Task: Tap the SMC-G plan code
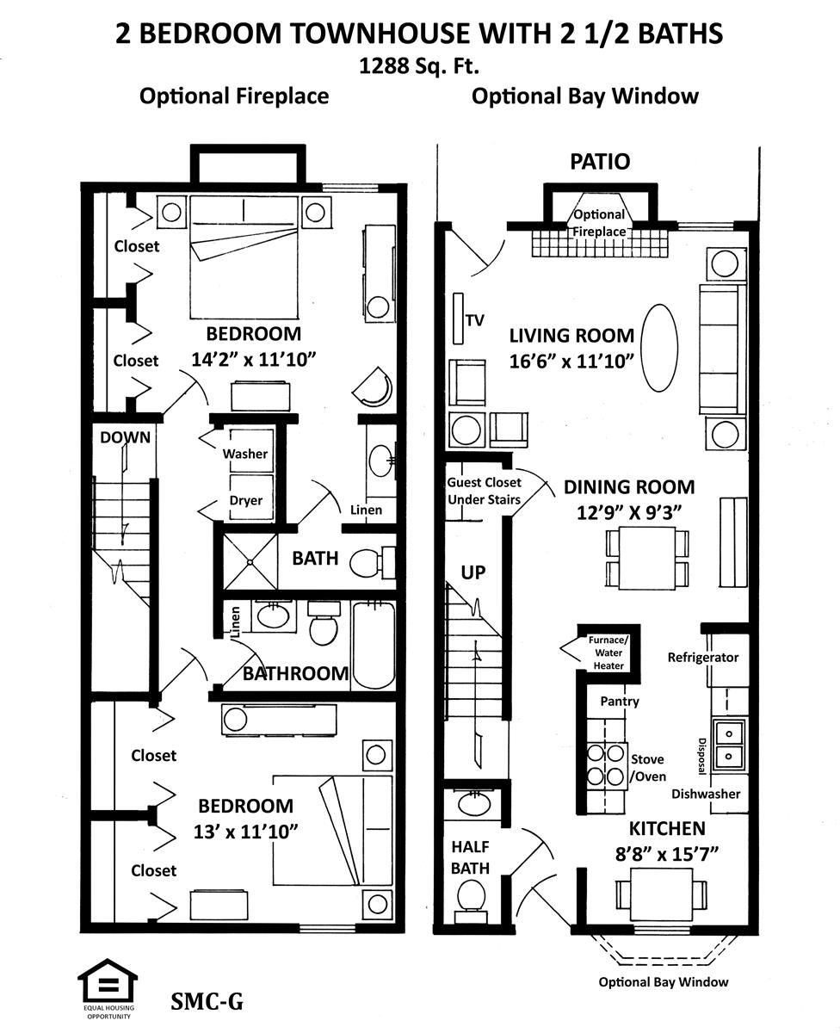207,1001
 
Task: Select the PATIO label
600,162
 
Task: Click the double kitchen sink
728,745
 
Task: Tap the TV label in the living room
475,320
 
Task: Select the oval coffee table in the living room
659,347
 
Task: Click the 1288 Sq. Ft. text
419,65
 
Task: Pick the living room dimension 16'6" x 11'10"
571,362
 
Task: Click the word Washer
244,454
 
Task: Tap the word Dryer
246,500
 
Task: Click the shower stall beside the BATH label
250,561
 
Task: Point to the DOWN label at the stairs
125,437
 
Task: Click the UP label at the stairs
472,572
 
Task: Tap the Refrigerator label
703,657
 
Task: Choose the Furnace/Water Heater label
608,653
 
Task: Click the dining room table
647,558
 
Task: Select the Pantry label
620,702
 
